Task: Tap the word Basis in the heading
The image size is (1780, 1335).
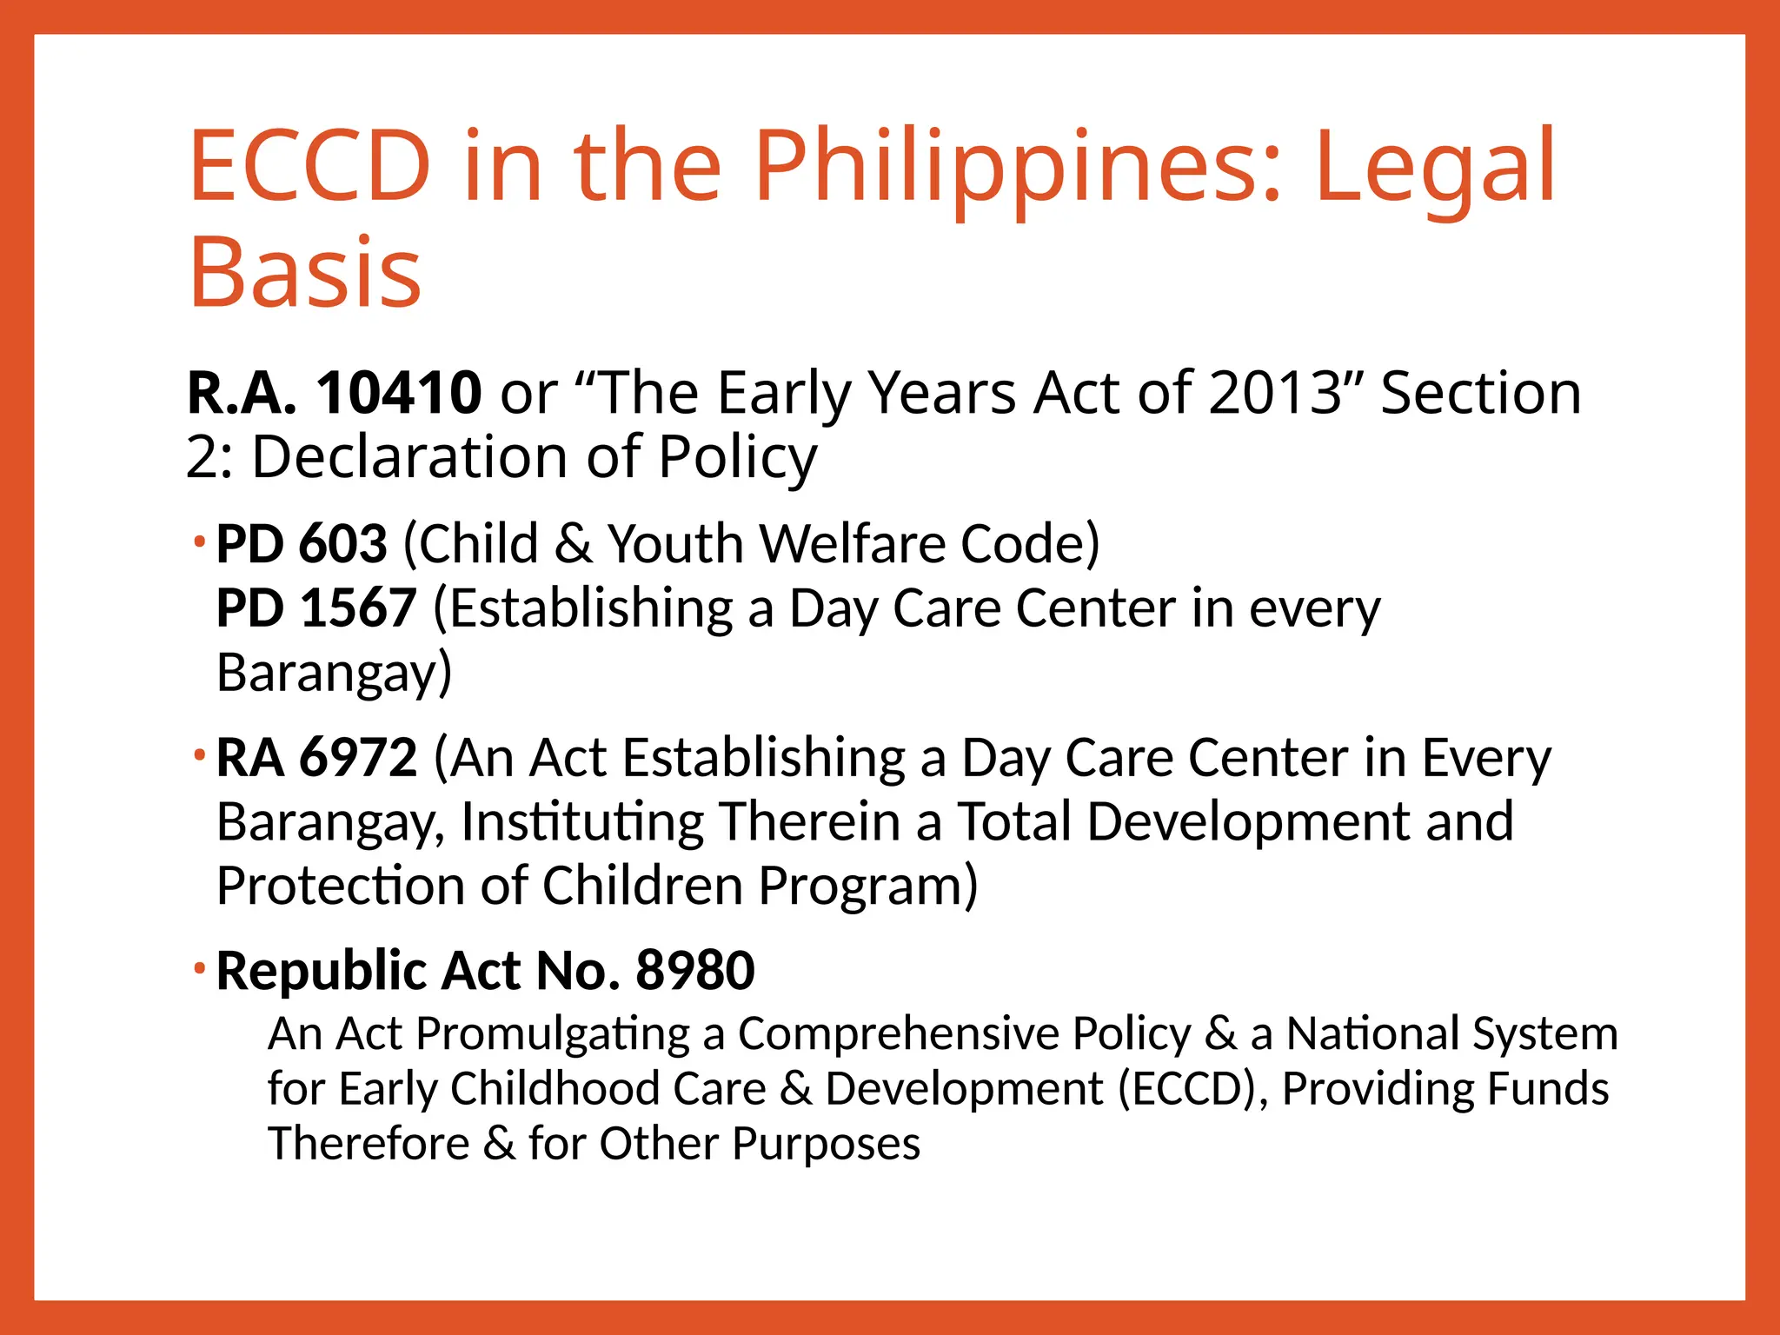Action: pyautogui.click(x=305, y=273)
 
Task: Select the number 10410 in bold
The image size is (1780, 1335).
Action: pyautogui.click(x=399, y=393)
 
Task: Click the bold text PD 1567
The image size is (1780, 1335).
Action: pyautogui.click(x=316, y=608)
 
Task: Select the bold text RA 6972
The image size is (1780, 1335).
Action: pyautogui.click(x=316, y=758)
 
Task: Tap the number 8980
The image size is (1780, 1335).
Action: pyautogui.click(x=695, y=971)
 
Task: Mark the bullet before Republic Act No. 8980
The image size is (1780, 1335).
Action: pyautogui.click(x=200, y=968)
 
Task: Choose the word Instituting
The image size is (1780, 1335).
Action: pyautogui.click(x=582, y=822)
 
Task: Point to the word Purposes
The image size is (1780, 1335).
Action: pyautogui.click(x=826, y=1144)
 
